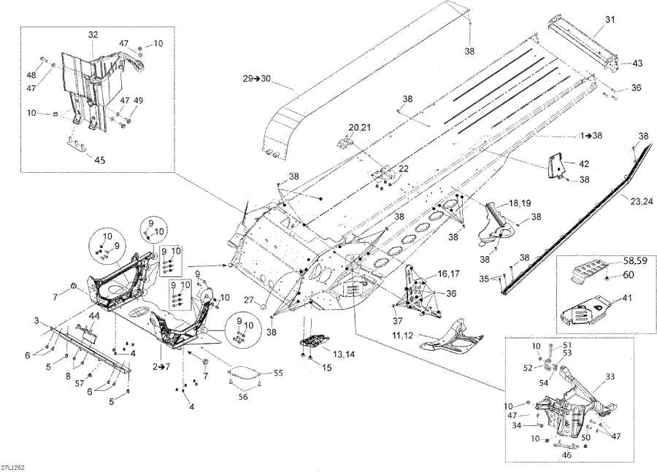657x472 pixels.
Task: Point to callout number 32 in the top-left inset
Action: tap(93, 34)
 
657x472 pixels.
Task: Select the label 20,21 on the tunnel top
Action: tap(359, 128)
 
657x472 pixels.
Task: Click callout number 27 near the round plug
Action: tap(249, 300)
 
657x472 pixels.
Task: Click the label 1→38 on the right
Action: tap(593, 136)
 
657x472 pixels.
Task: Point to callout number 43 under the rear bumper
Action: tap(637, 63)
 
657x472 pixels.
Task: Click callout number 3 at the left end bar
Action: tap(35, 321)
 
